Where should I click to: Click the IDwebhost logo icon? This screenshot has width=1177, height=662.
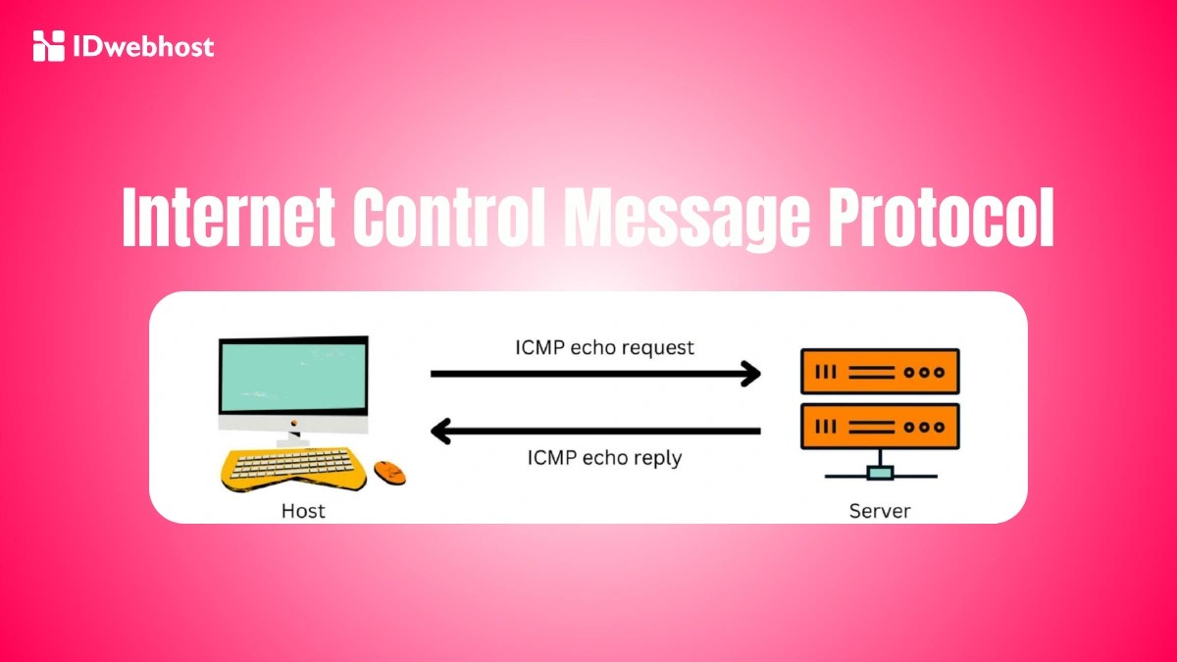[x=48, y=45]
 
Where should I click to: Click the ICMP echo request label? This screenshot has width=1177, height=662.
[x=604, y=347]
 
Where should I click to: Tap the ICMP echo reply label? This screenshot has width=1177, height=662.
[x=604, y=457]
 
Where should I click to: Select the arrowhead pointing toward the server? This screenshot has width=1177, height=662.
[x=750, y=374]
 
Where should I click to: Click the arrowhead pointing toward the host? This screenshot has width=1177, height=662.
[x=442, y=430]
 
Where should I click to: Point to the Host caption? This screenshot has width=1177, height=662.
[x=303, y=510]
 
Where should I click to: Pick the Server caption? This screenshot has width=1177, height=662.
[x=879, y=510]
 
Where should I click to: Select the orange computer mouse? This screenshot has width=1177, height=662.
[x=389, y=471]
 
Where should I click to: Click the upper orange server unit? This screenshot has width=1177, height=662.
[x=879, y=372]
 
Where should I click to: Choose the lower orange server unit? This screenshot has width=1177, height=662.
[x=879, y=427]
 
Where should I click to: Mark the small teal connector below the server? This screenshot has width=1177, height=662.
[x=880, y=474]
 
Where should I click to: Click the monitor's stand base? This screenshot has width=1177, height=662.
[x=293, y=442]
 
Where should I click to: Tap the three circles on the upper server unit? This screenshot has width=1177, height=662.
[x=924, y=372]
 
